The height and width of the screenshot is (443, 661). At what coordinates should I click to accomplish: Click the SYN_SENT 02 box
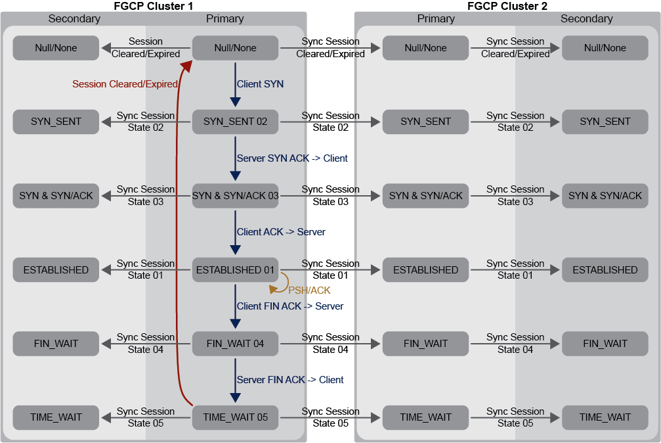(235, 122)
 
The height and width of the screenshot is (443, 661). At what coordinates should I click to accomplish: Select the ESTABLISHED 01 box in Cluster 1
(235, 269)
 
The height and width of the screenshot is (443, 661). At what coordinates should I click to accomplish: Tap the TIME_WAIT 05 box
(235, 417)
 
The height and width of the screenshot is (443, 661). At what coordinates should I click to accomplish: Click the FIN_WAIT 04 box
(235, 343)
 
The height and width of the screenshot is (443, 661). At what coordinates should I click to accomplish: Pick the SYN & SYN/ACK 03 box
(235, 195)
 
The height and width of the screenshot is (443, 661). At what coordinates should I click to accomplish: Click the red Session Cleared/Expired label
(125, 84)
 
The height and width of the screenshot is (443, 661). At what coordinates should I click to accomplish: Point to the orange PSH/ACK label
(309, 290)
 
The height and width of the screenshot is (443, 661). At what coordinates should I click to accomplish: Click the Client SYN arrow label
(260, 84)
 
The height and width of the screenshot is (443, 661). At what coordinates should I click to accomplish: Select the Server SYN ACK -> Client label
(292, 158)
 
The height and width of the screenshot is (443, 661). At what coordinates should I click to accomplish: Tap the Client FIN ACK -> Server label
(290, 306)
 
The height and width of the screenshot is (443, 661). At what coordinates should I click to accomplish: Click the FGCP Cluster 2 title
(507, 6)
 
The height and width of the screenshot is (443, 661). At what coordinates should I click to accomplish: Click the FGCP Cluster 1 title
(154, 6)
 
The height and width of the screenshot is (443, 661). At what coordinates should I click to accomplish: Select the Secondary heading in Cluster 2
(586, 18)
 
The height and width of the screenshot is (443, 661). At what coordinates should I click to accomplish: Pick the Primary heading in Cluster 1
(224, 18)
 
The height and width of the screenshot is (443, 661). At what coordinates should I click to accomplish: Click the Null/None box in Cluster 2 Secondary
(605, 48)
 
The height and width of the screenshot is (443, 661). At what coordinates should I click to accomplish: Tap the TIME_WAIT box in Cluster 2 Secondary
(605, 417)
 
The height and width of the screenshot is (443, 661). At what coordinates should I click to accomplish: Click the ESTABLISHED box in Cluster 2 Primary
(425, 269)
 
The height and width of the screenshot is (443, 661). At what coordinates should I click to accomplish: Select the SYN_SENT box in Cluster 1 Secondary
(56, 122)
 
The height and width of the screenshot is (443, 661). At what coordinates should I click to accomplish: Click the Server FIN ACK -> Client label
(290, 380)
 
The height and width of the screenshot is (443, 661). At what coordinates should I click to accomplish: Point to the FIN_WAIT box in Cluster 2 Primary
(425, 343)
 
